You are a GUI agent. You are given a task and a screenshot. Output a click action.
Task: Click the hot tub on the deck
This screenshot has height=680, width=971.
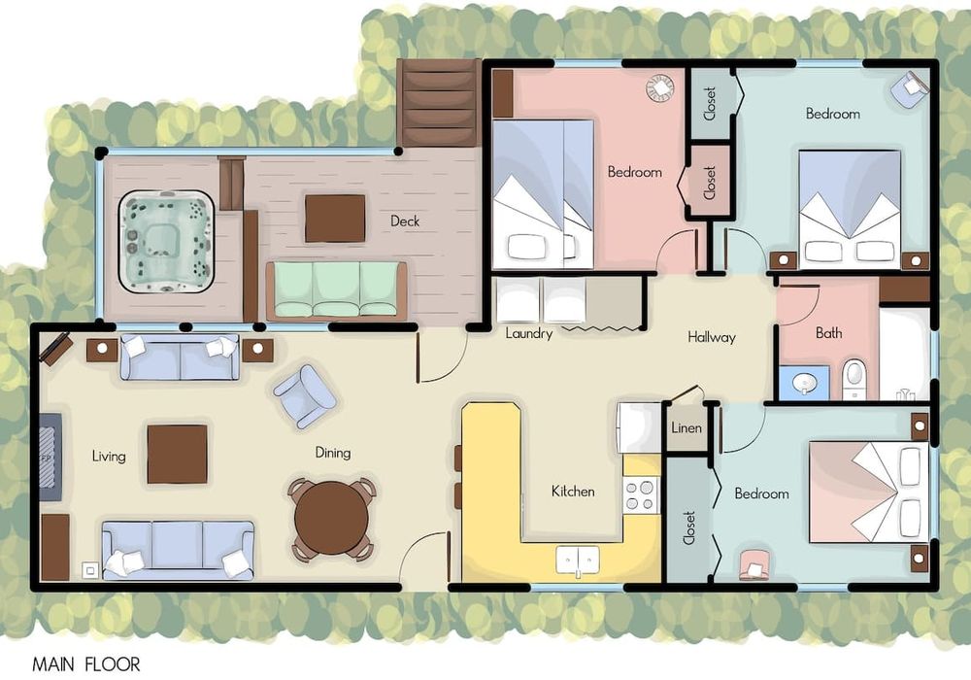click(166, 242)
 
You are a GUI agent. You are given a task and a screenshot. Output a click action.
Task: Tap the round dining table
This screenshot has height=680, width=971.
click(331, 519)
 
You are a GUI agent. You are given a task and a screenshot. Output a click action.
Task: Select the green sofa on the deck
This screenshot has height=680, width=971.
click(336, 289)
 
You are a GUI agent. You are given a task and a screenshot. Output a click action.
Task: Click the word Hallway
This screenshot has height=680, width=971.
click(712, 337)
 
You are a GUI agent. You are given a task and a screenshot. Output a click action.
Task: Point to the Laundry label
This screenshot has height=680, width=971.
click(529, 334)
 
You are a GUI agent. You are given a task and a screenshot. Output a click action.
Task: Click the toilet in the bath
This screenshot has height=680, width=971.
click(854, 379)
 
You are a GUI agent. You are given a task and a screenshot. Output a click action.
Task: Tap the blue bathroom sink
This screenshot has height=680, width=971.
click(804, 383)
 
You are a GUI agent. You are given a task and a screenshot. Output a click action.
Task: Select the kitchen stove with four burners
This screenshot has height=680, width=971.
click(640, 494)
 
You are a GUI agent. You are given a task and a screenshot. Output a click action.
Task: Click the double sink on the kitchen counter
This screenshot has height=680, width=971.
click(577, 560)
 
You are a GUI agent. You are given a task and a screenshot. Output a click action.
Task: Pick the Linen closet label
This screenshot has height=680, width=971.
click(686, 428)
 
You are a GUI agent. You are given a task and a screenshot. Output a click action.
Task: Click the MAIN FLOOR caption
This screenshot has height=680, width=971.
click(86, 665)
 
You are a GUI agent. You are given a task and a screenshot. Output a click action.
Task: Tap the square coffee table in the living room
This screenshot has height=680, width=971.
click(177, 454)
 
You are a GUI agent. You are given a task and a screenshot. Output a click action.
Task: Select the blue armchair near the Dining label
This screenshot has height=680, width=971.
click(305, 397)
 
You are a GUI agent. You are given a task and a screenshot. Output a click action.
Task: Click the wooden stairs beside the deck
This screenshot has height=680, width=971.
click(439, 103)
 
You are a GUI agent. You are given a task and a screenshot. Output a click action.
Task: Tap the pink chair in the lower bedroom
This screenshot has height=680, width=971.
click(753, 564)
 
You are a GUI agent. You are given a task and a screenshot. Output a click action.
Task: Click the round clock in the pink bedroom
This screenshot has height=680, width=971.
click(660, 88)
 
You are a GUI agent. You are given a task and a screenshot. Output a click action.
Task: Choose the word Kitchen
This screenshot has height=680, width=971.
click(573, 492)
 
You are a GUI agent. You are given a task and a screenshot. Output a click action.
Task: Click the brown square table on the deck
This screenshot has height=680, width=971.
click(335, 219)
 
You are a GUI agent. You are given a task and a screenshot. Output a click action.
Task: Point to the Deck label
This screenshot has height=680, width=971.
click(405, 221)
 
